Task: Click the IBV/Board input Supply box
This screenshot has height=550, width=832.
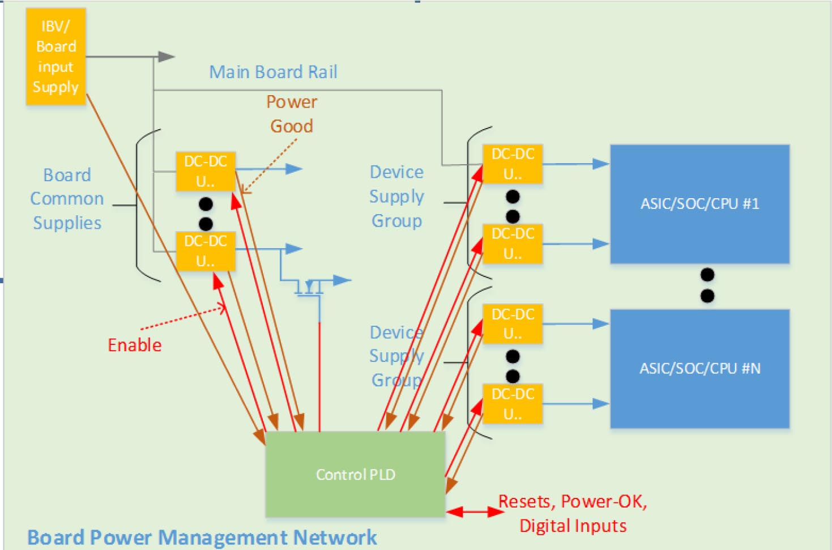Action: (x=56, y=57)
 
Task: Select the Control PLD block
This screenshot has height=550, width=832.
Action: (x=355, y=474)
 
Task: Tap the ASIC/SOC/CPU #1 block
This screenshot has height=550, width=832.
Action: (x=699, y=204)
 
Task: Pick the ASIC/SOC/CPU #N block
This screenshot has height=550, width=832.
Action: (x=699, y=369)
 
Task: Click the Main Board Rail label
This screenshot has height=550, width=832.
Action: (x=273, y=72)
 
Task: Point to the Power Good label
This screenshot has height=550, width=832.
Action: (x=292, y=114)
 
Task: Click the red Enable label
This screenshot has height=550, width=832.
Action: (x=135, y=345)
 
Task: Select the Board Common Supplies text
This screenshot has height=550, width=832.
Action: (x=67, y=199)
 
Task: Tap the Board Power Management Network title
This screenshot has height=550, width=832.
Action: (x=202, y=537)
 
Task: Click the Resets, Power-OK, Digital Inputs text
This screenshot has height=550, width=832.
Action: (x=573, y=513)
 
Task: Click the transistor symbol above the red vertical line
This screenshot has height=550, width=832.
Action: (x=309, y=288)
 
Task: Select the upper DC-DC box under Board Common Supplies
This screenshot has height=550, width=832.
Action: (x=206, y=171)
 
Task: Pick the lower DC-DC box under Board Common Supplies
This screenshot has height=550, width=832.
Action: (x=206, y=251)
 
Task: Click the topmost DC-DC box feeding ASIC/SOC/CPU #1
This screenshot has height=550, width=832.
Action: (x=513, y=164)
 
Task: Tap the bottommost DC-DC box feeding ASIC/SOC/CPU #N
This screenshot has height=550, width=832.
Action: (x=513, y=404)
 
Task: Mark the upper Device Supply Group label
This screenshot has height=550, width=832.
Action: (x=396, y=196)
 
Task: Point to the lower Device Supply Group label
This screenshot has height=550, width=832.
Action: (x=396, y=356)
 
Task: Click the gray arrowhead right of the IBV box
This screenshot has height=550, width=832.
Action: (x=166, y=57)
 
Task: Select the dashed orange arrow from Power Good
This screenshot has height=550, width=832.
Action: (x=269, y=167)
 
